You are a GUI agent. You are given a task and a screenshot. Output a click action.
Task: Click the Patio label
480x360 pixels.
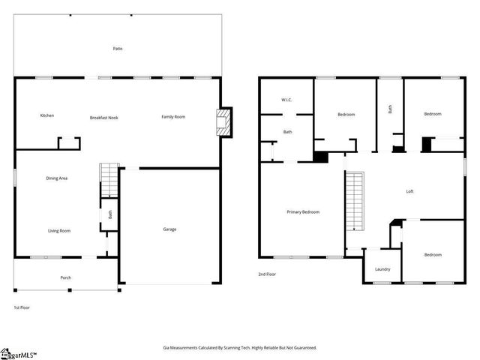coord(118,49)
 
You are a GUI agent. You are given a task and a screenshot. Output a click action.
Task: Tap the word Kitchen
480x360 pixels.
coord(47,115)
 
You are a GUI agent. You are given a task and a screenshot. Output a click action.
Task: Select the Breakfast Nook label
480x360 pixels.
coord(104,118)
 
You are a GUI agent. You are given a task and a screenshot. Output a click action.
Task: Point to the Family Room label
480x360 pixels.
coord(173,116)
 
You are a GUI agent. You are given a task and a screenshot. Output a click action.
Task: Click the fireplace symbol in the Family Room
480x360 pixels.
coord(223,122)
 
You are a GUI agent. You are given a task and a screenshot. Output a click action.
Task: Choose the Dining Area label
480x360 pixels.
coord(58,178)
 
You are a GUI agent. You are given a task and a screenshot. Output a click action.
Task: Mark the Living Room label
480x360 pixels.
coord(59,230)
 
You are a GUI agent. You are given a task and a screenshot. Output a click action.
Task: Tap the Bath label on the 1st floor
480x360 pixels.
coord(109,214)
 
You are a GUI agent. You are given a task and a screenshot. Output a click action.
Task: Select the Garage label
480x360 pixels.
coord(170,229)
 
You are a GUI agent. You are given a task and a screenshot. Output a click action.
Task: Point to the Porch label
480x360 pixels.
coord(66,277)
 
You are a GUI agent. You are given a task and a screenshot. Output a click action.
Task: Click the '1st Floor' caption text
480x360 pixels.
coord(22,307)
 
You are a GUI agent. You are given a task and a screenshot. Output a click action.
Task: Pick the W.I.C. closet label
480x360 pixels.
coord(286,100)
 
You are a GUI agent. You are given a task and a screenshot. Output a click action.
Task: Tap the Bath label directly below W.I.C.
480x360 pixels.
coord(287,132)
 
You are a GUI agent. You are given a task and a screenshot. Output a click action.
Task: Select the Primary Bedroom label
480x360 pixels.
coord(303,212)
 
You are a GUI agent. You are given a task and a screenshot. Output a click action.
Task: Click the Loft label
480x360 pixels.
coord(409,191)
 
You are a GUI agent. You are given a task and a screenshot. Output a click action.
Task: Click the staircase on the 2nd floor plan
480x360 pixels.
coord(354,201)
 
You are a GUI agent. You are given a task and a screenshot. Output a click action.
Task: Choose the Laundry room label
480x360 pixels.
coord(382,269)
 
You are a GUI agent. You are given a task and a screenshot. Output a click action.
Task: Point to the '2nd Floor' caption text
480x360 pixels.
coord(267,274)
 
